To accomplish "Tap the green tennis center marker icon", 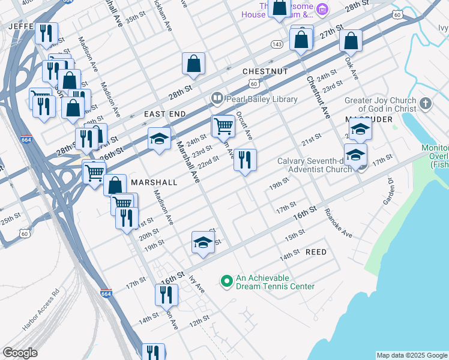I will pos(226,281).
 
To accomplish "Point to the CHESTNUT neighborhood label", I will pos(265,71).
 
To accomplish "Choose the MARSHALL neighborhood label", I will pos(154,182).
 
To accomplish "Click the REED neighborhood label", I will pos(316,252).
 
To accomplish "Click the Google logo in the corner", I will pos(20,353).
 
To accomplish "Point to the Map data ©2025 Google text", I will pos(412,355).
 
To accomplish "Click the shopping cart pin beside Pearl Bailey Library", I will pos(223,126).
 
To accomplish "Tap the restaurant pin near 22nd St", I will pos(245,160).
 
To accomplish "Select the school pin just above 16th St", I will pos(203,242).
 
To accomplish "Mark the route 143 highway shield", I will pos(277,44).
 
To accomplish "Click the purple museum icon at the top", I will pos(322,9).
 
